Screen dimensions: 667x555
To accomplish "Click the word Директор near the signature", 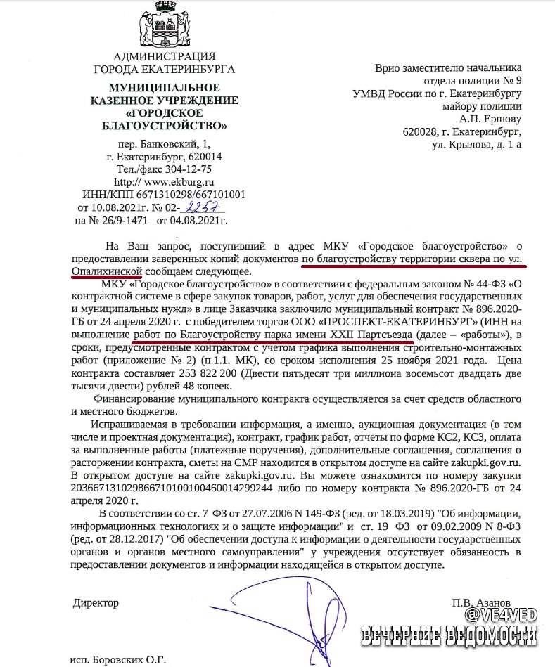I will [96, 602].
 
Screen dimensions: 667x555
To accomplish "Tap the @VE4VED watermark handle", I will [501, 615].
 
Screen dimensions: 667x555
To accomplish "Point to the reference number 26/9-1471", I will [125, 221].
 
